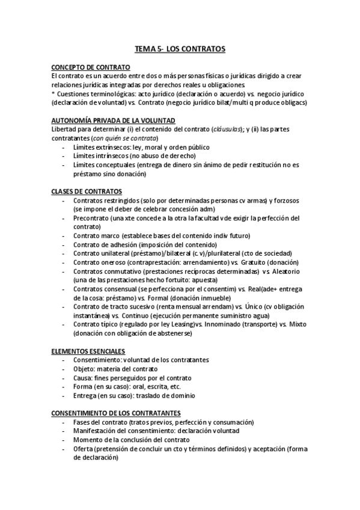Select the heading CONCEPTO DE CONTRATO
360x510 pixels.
point(91,68)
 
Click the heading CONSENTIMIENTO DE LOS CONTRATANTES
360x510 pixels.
point(116,413)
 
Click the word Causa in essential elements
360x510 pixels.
point(83,378)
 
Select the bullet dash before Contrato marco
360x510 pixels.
point(64,236)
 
